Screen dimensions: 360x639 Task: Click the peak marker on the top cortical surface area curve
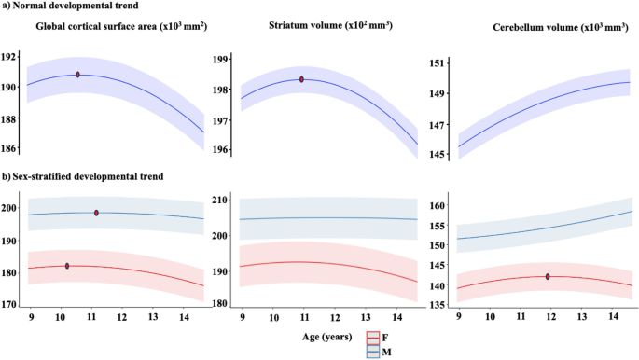pos(77,75)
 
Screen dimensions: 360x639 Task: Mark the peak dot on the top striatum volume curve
pos(302,79)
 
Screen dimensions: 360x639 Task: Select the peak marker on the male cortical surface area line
pos(96,213)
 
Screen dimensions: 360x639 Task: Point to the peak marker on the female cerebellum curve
pos(548,276)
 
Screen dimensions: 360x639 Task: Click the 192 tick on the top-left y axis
pos(11,57)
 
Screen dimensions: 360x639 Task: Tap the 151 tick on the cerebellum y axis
pos(437,63)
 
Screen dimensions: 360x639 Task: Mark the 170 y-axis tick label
pos(11,304)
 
